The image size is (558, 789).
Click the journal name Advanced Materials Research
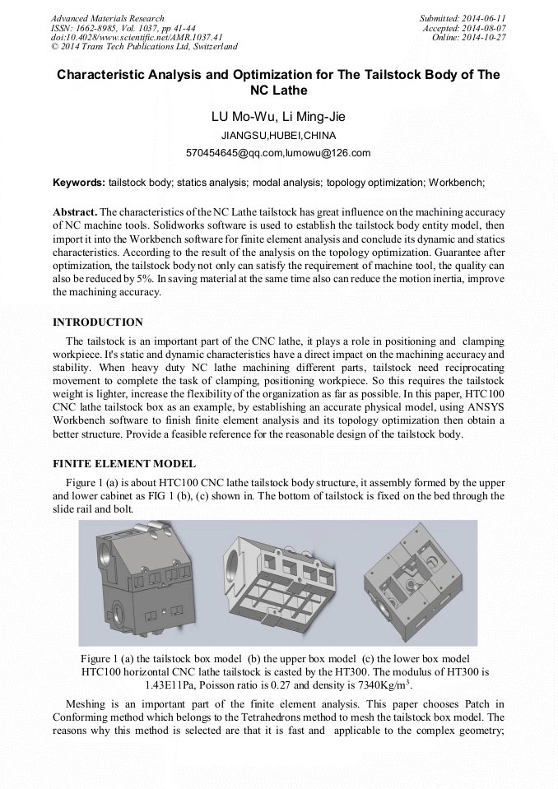[x=107, y=18]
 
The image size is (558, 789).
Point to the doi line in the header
[x=137, y=37]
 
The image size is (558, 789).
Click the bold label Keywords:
[x=79, y=182]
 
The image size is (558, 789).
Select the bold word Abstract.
[x=74, y=211]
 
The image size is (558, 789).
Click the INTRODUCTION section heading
[x=97, y=322]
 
